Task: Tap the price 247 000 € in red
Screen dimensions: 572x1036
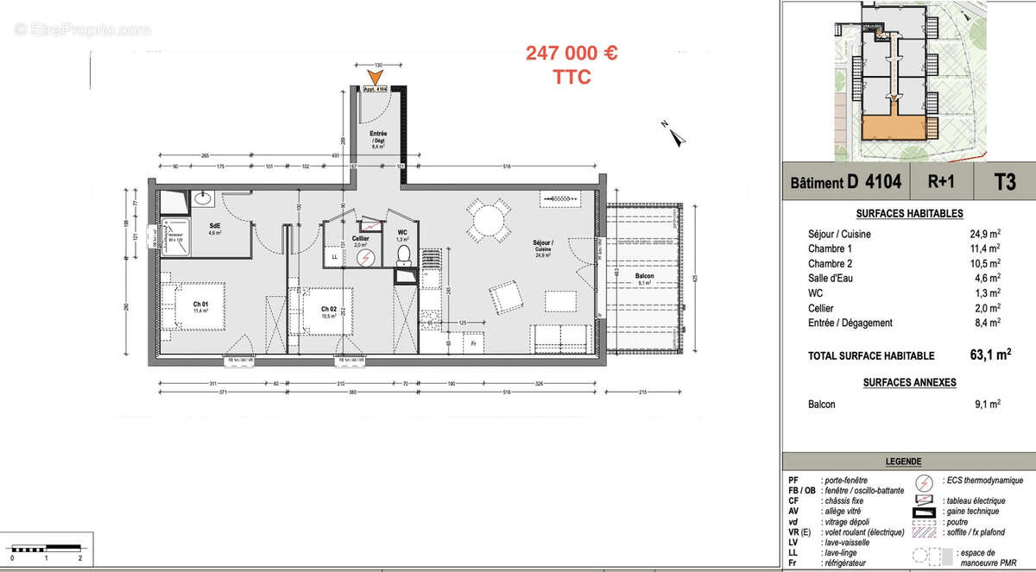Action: tap(572, 53)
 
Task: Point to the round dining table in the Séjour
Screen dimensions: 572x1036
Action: tap(490, 222)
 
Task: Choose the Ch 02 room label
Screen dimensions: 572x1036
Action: tap(328, 310)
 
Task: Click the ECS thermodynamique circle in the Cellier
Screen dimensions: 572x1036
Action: tap(365, 256)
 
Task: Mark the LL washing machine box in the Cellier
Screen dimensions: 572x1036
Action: tap(335, 256)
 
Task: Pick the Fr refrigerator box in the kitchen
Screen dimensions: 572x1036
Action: tap(473, 343)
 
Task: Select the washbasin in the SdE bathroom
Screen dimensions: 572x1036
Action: tap(205, 199)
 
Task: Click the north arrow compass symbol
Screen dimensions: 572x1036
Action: tap(673, 131)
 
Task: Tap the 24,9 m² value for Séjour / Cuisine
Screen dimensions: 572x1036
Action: tap(984, 233)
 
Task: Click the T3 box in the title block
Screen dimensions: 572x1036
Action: tap(1004, 182)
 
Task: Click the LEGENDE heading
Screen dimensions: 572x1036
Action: tap(903, 462)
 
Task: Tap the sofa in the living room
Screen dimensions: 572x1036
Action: tap(561, 336)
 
